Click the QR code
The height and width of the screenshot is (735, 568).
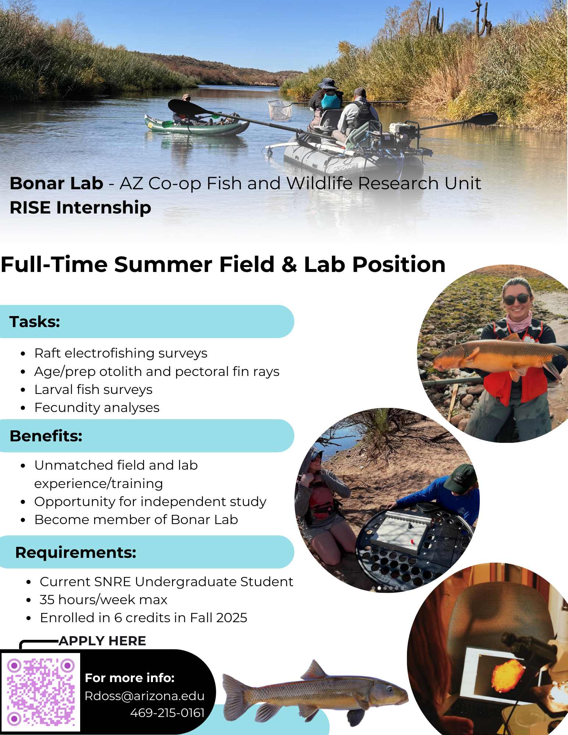point(41,692)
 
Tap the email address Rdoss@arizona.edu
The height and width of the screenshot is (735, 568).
point(144,696)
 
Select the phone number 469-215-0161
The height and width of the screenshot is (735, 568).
point(167,713)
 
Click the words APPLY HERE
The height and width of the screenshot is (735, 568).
point(102,641)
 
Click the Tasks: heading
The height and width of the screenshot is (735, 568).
point(35,322)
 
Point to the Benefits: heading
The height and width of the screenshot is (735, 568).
point(46,436)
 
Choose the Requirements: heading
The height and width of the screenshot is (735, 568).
point(76,552)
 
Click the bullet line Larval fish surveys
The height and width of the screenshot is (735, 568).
point(93,390)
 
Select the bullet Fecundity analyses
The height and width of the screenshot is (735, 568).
point(97,408)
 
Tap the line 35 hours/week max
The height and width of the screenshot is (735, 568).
point(104,600)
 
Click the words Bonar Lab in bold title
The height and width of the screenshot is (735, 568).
point(57,183)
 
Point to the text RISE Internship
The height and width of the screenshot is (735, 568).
point(81,208)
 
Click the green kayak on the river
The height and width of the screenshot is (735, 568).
point(197,125)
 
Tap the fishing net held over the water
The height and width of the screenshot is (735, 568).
point(281,110)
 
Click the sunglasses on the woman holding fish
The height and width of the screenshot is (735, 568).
point(517,299)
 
